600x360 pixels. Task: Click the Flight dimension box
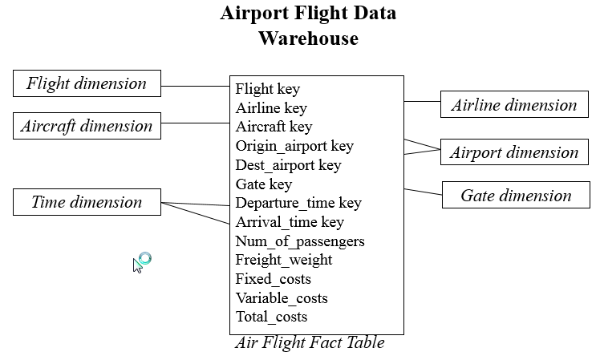[x=87, y=83]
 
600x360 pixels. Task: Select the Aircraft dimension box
[x=87, y=126]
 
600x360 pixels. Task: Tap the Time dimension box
[x=87, y=202]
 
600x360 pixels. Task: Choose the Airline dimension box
[x=513, y=105]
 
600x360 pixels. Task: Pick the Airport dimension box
[x=513, y=152]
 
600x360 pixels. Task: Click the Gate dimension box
[x=516, y=195]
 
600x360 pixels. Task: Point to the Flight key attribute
[x=267, y=89]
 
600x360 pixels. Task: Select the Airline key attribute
[x=271, y=108]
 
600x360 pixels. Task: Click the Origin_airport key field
[x=294, y=146]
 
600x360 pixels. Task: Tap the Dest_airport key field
[x=288, y=165]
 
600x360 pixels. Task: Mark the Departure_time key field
[x=298, y=203]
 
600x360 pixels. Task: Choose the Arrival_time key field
[x=290, y=222]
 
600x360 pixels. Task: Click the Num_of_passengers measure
[x=300, y=241]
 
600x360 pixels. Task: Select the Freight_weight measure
[x=284, y=260]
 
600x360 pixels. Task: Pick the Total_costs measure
[x=271, y=317]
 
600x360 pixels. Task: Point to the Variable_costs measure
[x=282, y=298]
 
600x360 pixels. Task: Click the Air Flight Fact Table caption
[x=310, y=343]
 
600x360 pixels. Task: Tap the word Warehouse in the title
[x=308, y=38]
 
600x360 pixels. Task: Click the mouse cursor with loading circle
[x=141, y=261]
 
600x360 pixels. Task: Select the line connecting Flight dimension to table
[x=195, y=86]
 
